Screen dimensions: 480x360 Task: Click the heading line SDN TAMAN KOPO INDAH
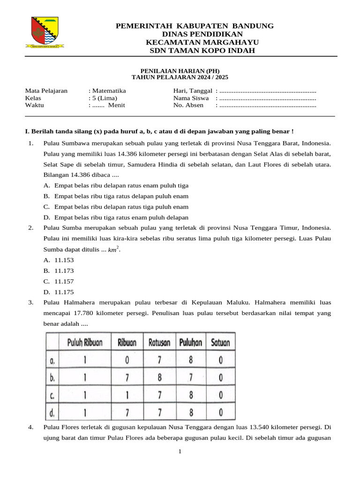coord(202,51)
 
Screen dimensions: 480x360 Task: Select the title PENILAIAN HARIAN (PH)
coord(180,71)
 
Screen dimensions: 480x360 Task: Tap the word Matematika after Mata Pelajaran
coord(109,91)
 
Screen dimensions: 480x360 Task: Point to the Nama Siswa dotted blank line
coord(268,98)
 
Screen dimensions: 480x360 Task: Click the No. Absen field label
coord(188,105)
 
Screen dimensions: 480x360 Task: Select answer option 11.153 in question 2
coord(64,260)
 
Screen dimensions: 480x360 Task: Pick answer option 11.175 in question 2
coord(64,292)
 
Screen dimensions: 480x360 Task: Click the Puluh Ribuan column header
coord(84,342)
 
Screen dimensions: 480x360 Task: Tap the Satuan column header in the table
coord(220,342)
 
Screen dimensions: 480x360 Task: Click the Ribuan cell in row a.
coord(127,360)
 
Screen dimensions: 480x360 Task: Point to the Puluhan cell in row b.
coord(190,377)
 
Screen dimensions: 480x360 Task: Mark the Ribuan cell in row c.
coord(127,395)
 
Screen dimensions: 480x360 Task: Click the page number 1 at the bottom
coord(180,451)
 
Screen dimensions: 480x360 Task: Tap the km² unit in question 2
coord(113,249)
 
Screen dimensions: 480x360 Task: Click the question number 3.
coord(30,302)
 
